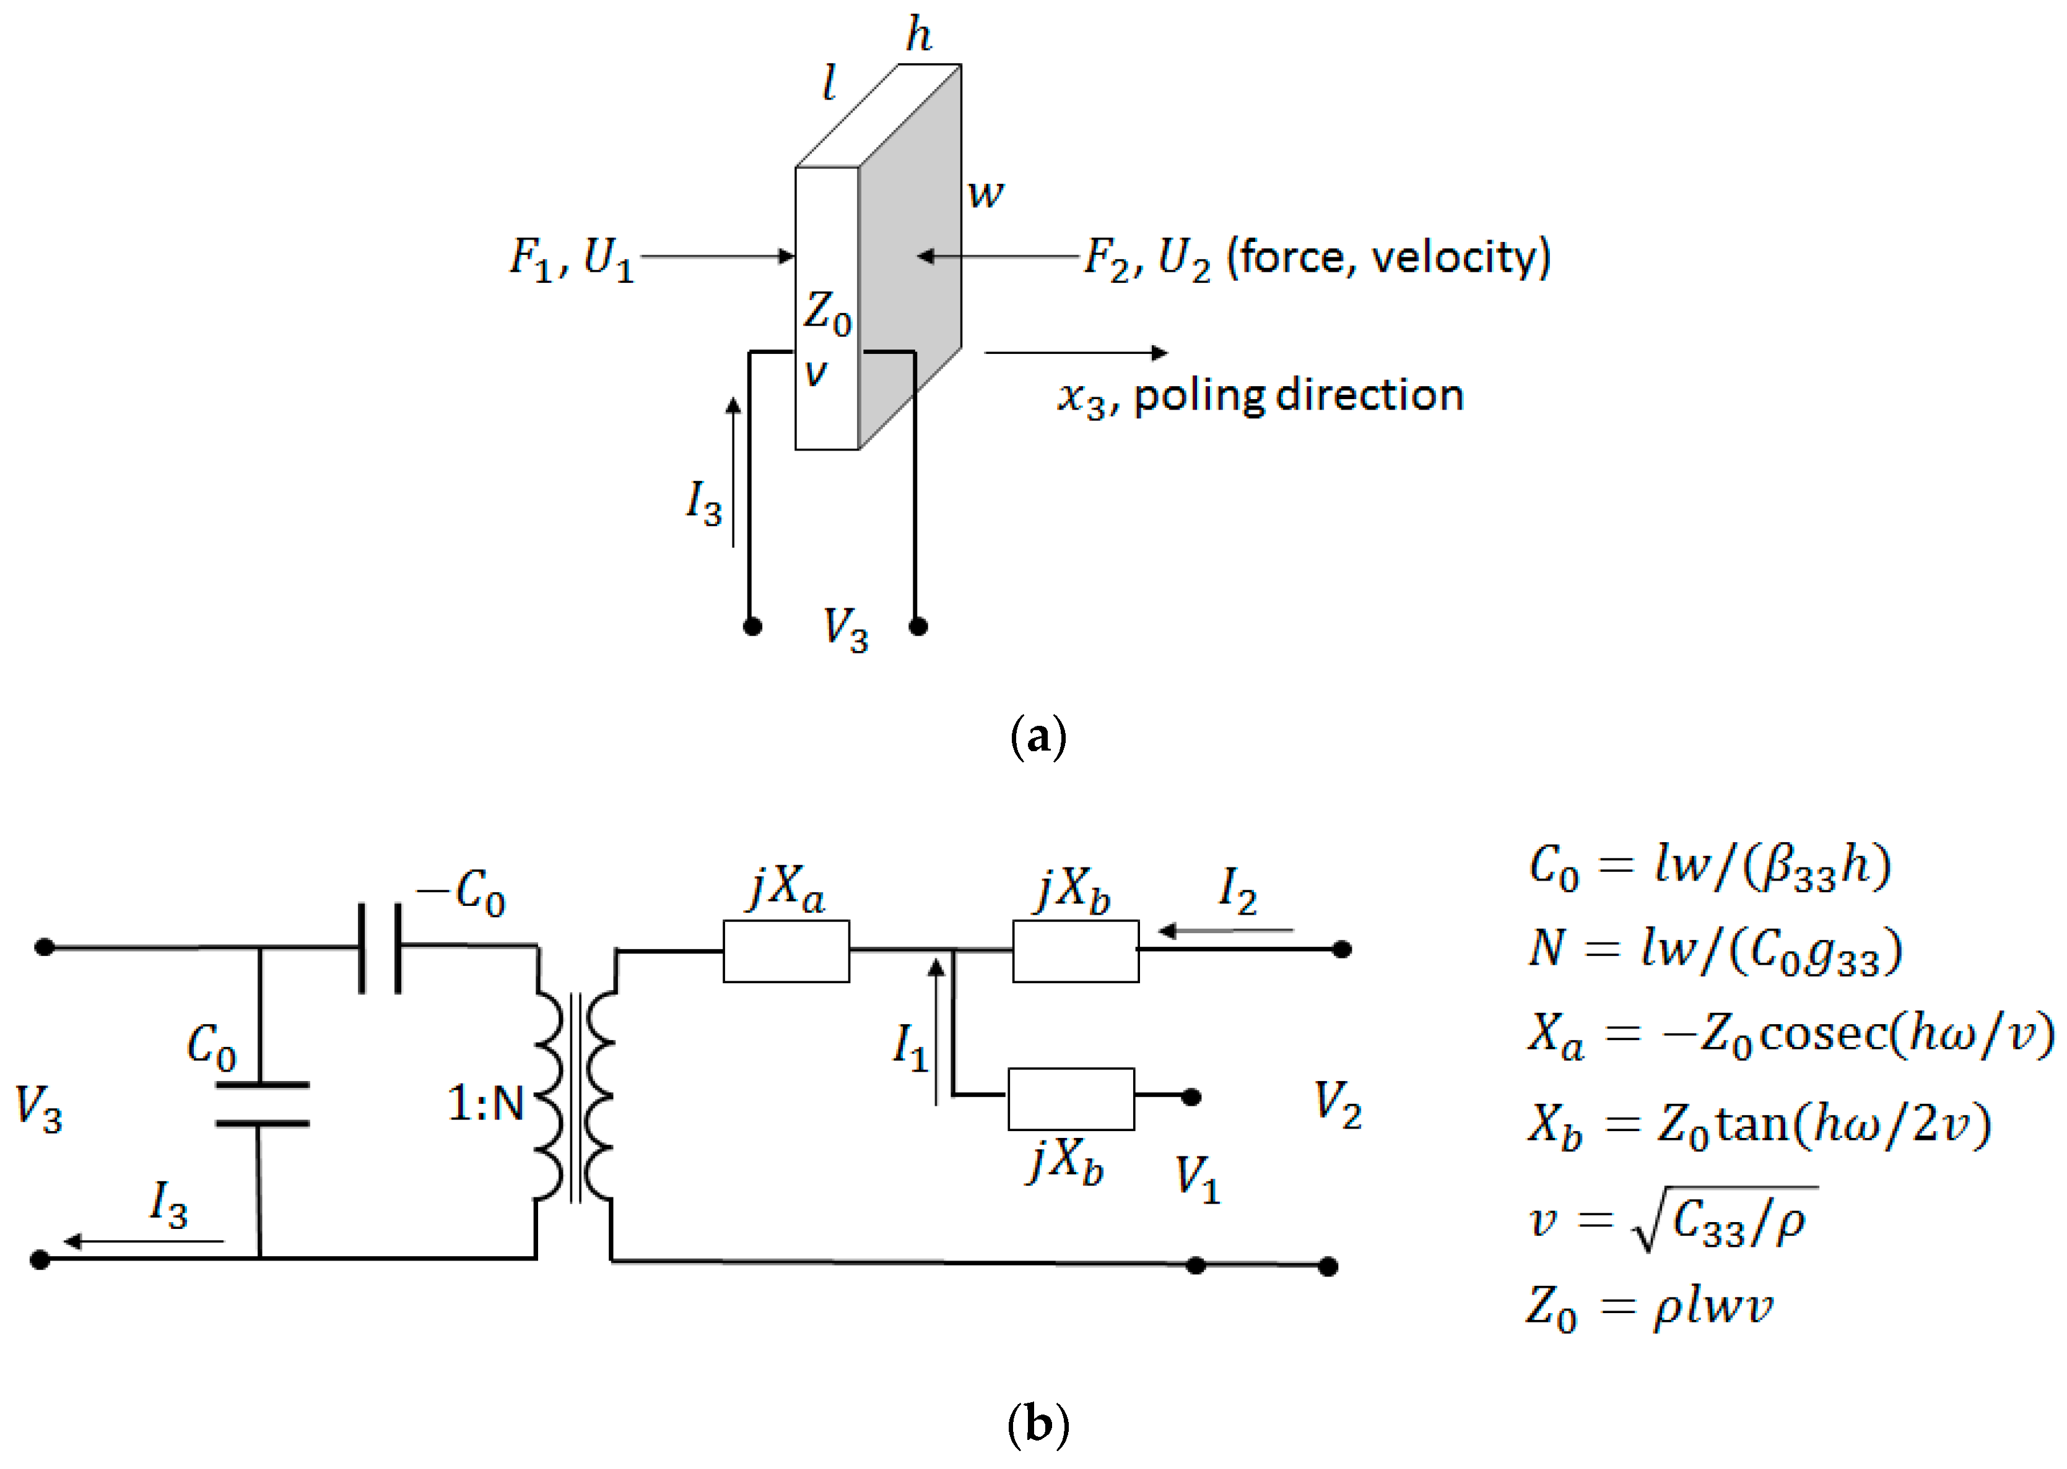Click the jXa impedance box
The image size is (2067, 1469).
click(786, 950)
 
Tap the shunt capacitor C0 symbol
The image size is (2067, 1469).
click(261, 1103)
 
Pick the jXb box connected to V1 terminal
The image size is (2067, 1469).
click(1071, 1098)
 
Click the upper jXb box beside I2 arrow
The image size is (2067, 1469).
click(1075, 950)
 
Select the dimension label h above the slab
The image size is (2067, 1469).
click(918, 36)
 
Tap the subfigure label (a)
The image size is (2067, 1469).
click(1037, 737)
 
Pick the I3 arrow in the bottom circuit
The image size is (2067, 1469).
click(145, 1241)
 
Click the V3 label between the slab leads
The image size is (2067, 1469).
click(845, 629)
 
